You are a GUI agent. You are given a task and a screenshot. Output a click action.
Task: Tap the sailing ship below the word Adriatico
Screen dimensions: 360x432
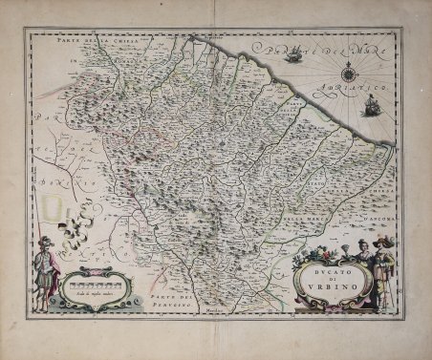366,107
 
